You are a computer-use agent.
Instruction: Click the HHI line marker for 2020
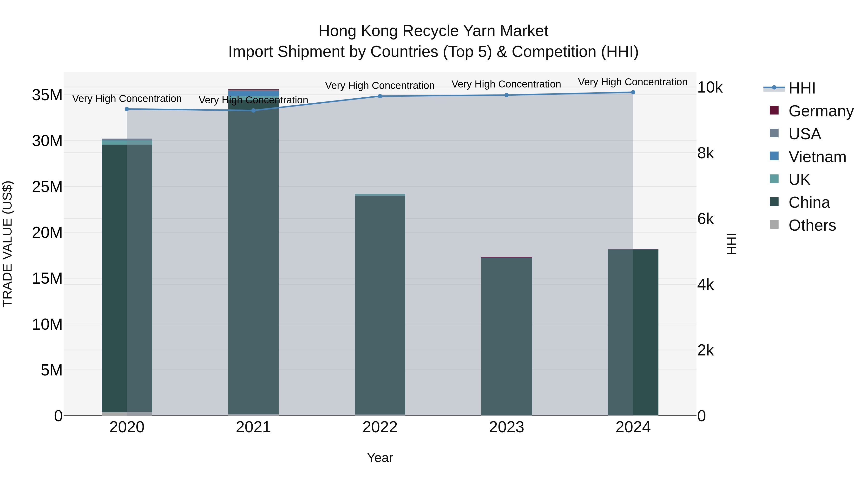click(127, 109)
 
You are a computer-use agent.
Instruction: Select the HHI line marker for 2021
click(253, 110)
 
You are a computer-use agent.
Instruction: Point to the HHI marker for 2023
click(506, 95)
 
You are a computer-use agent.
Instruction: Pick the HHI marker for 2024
click(633, 92)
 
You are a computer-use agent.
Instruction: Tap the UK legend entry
click(799, 180)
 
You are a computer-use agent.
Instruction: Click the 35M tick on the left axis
click(47, 95)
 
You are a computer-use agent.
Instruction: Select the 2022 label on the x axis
click(380, 427)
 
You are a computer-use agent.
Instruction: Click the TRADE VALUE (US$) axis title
click(7, 244)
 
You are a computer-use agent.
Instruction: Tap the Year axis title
click(380, 458)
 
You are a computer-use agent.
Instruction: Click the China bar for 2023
click(506, 337)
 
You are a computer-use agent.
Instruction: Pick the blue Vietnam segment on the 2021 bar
click(253, 93)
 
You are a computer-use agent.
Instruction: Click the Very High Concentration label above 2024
click(633, 82)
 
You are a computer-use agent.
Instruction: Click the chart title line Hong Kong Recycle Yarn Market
click(433, 31)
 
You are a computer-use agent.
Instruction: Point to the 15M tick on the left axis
click(47, 279)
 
